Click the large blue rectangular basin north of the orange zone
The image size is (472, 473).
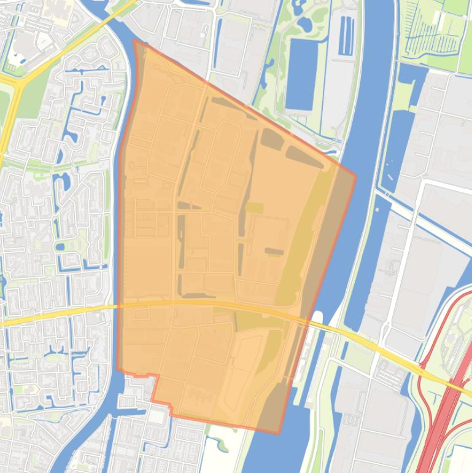click(300, 73)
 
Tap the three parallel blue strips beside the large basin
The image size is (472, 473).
click(347, 36)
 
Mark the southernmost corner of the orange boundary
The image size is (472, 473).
click(279, 434)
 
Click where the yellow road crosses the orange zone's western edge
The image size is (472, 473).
click(118, 305)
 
